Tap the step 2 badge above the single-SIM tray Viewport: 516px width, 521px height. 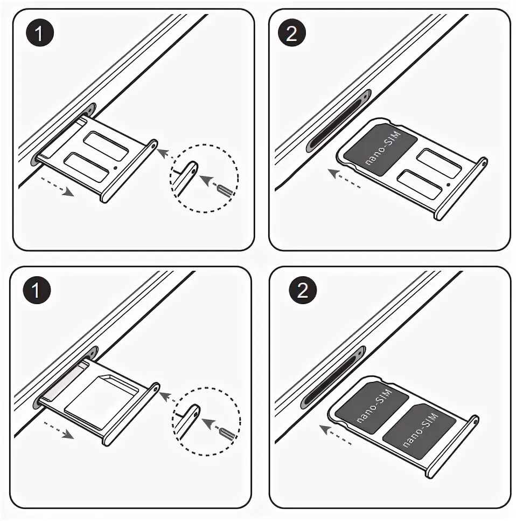(291, 34)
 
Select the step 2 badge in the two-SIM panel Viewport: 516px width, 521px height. (302, 292)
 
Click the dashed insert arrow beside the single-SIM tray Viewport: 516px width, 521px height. (345, 179)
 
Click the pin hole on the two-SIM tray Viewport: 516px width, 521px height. (474, 420)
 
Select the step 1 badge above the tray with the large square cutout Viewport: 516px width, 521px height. (37, 292)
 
